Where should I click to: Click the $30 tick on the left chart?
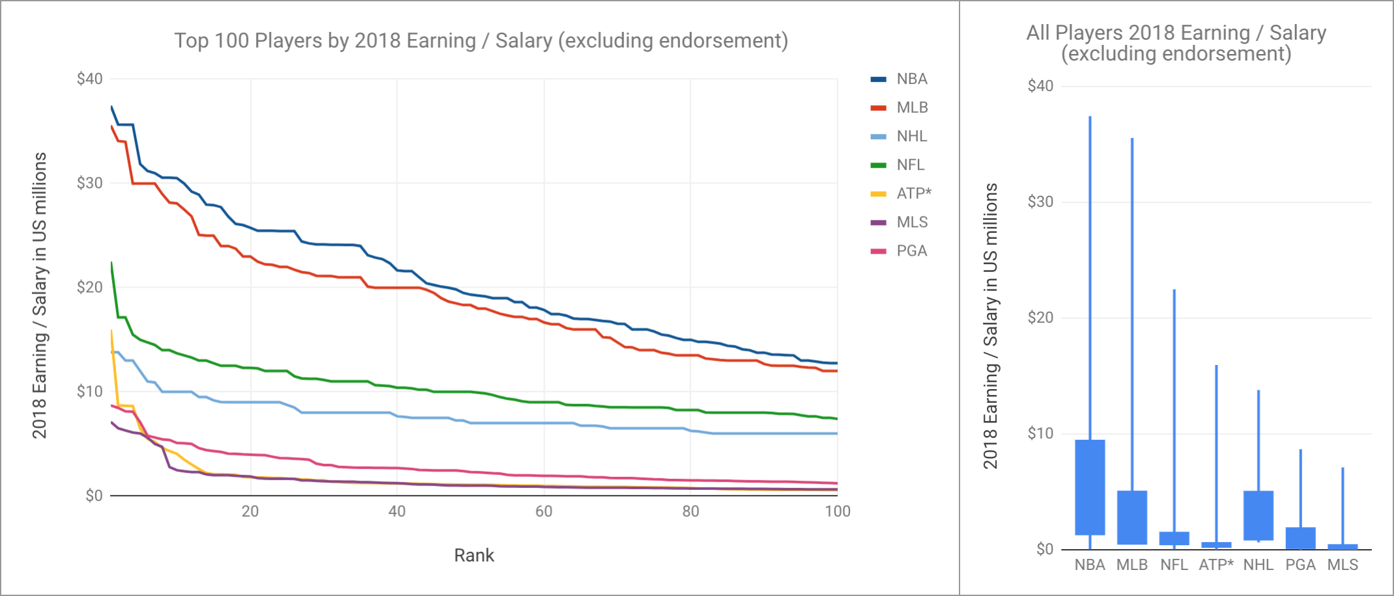90,183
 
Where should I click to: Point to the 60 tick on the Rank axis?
544,511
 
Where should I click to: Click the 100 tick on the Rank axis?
837,511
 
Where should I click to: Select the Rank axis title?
474,556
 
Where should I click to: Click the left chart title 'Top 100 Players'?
481,41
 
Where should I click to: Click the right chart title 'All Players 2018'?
1176,43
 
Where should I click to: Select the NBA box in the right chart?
1090,487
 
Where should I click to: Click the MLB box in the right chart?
1132,517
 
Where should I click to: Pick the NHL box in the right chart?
1259,515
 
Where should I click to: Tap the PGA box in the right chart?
1300,538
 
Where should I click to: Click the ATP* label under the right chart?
1216,565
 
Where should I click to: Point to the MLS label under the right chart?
1343,565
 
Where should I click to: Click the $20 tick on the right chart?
1040,318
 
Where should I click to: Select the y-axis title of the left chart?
40,295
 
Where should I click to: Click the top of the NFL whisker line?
1174,290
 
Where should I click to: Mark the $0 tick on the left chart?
94,496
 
